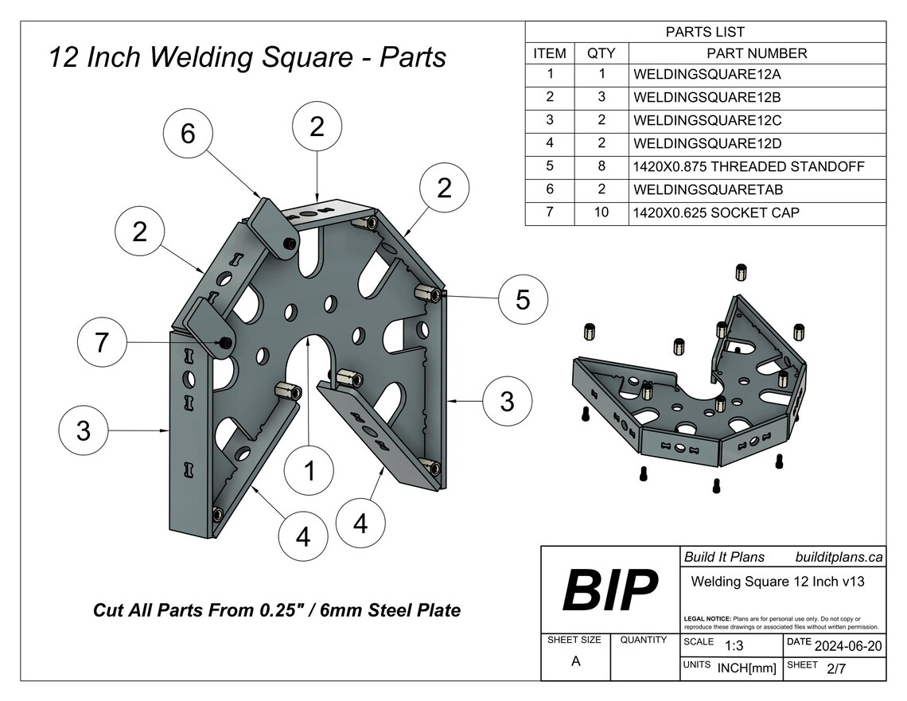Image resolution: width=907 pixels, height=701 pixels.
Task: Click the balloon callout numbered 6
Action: point(188,134)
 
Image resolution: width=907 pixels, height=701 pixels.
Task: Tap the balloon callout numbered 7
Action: point(102,343)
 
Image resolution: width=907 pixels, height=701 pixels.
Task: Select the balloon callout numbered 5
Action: point(523,300)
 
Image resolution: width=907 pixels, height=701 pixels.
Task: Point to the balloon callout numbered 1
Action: point(309,472)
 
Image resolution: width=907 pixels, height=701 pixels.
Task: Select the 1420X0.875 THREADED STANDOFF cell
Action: point(748,167)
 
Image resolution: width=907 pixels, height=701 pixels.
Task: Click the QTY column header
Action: point(601,53)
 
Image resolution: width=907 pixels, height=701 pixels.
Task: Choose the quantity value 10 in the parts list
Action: point(601,213)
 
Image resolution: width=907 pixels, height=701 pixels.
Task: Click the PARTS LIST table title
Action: point(705,32)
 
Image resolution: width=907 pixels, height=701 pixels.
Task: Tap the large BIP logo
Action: point(610,590)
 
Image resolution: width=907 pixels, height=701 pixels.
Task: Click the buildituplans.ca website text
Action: point(839,557)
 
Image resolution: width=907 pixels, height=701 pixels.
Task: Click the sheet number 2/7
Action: point(836,668)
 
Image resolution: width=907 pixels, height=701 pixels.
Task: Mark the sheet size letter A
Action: point(574,660)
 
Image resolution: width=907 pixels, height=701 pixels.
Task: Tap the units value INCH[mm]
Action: point(746,668)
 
